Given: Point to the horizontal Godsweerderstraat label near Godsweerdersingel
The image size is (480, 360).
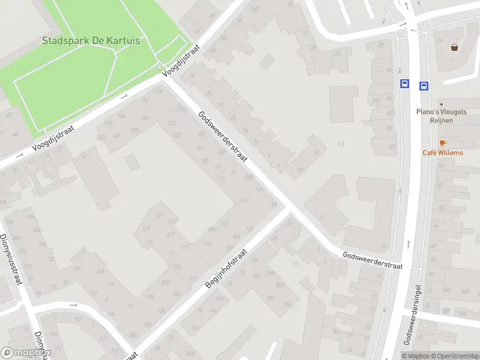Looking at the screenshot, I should [x=372, y=260].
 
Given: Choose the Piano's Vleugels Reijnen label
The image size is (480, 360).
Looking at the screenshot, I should [x=443, y=116].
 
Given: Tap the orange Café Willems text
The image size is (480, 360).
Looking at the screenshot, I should [x=443, y=153].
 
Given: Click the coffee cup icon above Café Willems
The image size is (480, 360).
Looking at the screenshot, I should [x=443, y=142].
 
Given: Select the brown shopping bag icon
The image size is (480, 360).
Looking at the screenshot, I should [x=455, y=47].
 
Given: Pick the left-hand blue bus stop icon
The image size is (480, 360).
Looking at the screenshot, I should [x=405, y=85].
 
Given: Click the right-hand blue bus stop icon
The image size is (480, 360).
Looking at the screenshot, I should [x=424, y=86].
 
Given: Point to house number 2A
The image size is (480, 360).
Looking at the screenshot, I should [x=316, y=152].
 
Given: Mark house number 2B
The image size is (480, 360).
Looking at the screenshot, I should [x=300, y=170].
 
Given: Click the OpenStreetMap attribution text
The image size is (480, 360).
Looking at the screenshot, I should [x=454, y=356].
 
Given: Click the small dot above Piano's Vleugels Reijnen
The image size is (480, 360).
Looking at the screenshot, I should [x=441, y=104].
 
